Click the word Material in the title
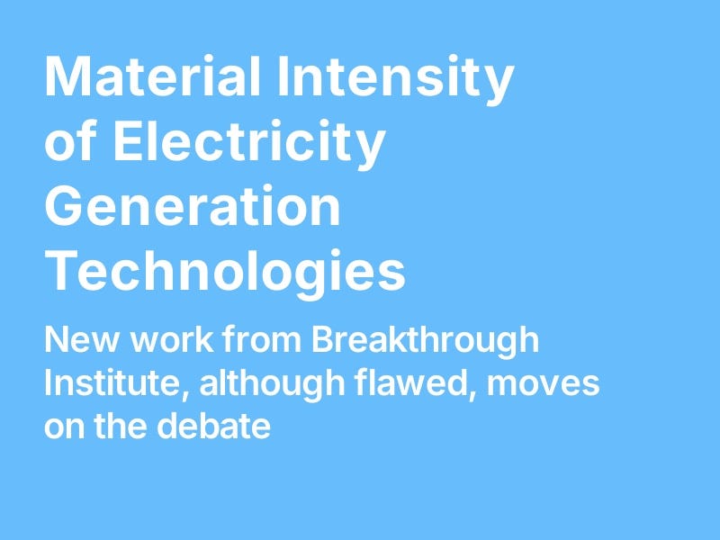(x=153, y=78)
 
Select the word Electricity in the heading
(x=247, y=144)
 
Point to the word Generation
(x=192, y=207)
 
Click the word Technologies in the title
(x=225, y=273)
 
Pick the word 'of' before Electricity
(x=68, y=144)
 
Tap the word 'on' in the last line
(x=64, y=426)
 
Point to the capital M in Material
(x=67, y=78)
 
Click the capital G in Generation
(x=65, y=207)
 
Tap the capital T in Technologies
(x=63, y=273)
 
